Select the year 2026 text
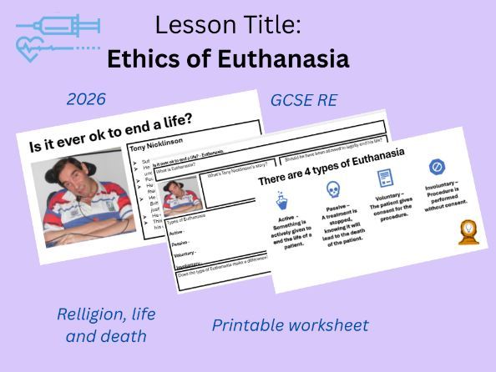[86, 99]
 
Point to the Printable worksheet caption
[290, 324]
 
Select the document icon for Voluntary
[384, 178]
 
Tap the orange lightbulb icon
[469, 231]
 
